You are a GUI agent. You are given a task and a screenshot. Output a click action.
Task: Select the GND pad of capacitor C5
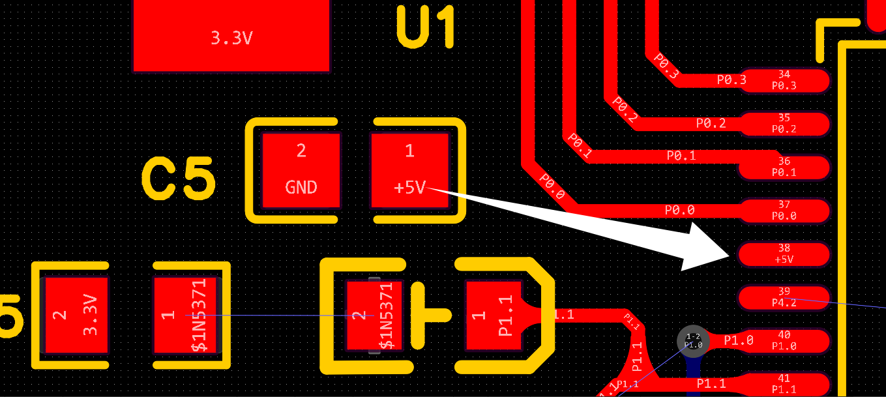[301, 170]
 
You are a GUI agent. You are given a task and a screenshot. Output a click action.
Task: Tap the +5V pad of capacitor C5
[409, 170]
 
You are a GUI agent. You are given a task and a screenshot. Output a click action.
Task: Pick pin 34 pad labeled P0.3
[784, 80]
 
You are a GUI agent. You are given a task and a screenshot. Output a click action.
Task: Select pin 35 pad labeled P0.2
[784, 123]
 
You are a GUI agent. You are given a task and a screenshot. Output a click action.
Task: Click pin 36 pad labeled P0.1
[784, 167]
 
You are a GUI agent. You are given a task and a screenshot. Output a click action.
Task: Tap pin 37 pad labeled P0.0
[784, 211]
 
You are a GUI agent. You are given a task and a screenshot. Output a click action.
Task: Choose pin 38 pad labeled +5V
[784, 254]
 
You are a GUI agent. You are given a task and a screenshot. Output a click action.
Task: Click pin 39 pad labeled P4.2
[784, 297]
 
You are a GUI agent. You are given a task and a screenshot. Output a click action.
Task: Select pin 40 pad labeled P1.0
[784, 340]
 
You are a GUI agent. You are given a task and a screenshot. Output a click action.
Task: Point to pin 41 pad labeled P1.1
[784, 383]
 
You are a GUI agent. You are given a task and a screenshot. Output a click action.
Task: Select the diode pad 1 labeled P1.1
[494, 316]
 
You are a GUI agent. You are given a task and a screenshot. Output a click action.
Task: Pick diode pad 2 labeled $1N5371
[374, 316]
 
